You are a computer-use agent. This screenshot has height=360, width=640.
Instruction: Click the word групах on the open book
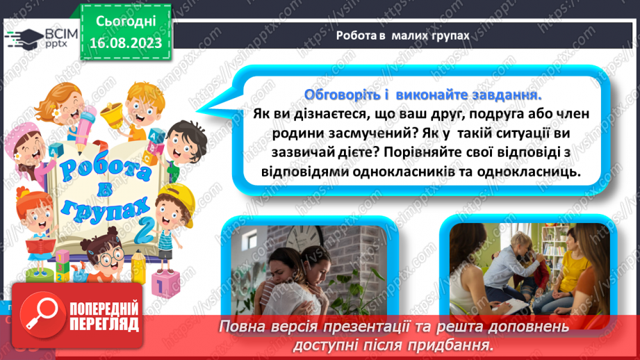[x=118, y=212]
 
